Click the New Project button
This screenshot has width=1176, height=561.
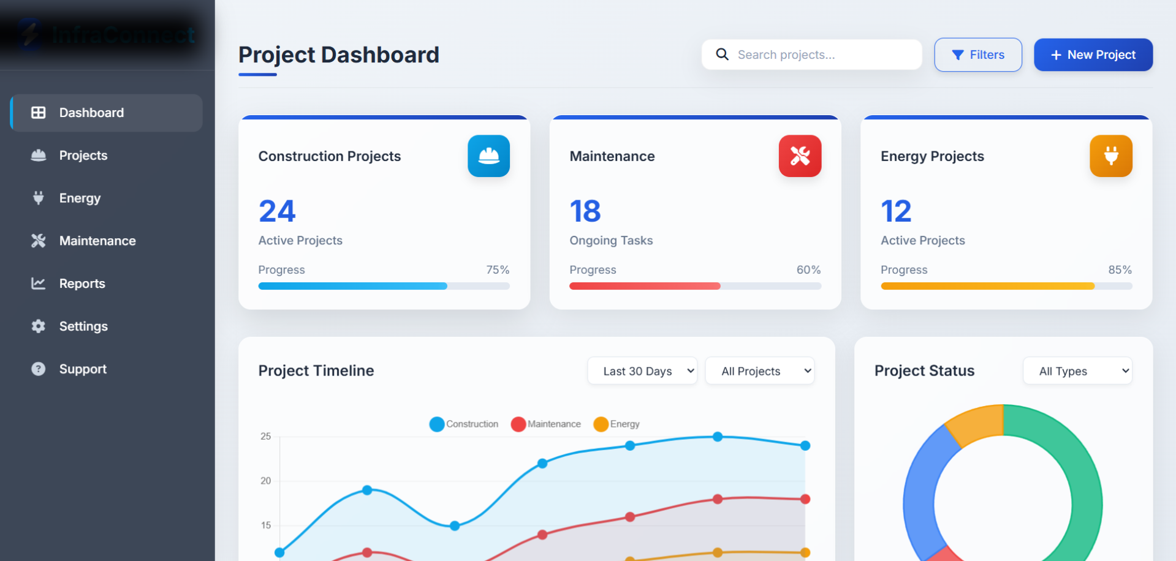tap(1093, 55)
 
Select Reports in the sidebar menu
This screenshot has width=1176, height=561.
tap(82, 284)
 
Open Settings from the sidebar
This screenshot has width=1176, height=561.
tap(83, 326)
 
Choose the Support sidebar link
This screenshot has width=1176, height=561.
tap(82, 369)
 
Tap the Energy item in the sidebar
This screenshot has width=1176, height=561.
tap(79, 198)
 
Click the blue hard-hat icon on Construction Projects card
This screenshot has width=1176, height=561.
tap(488, 156)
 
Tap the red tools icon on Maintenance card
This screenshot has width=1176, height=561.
tap(800, 156)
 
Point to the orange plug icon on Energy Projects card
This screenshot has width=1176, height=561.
tap(1110, 156)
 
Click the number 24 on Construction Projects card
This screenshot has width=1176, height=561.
tap(277, 211)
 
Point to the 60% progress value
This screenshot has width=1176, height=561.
tap(808, 270)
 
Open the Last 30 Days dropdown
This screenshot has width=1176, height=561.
tap(642, 371)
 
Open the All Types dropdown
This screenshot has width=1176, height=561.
tap(1077, 371)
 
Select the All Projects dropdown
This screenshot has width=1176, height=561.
tap(759, 371)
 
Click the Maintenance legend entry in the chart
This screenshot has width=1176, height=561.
tap(546, 424)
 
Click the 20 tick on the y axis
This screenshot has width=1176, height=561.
tap(265, 481)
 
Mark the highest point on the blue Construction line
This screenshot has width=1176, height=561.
tap(718, 437)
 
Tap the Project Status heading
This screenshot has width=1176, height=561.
tap(924, 371)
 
